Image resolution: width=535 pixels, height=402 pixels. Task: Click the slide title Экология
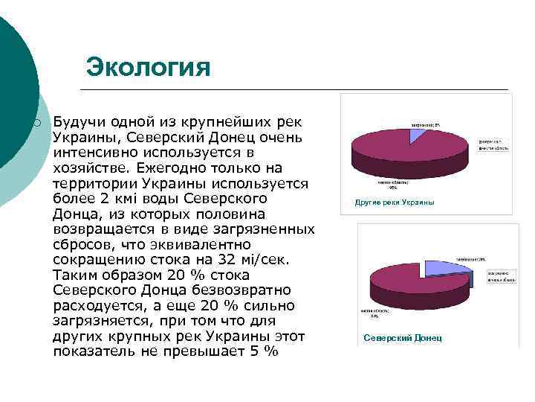pos(148,67)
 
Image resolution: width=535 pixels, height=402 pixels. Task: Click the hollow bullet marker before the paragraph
pos(35,122)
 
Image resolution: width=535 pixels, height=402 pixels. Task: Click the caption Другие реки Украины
pos(395,202)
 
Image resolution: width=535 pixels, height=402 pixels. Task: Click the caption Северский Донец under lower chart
pos(402,338)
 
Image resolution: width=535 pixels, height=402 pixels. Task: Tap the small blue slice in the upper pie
pos(420,135)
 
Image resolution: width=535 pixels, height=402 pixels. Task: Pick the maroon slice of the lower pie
pos(416,294)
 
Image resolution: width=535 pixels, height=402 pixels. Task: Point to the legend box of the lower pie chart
pos(502,276)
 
